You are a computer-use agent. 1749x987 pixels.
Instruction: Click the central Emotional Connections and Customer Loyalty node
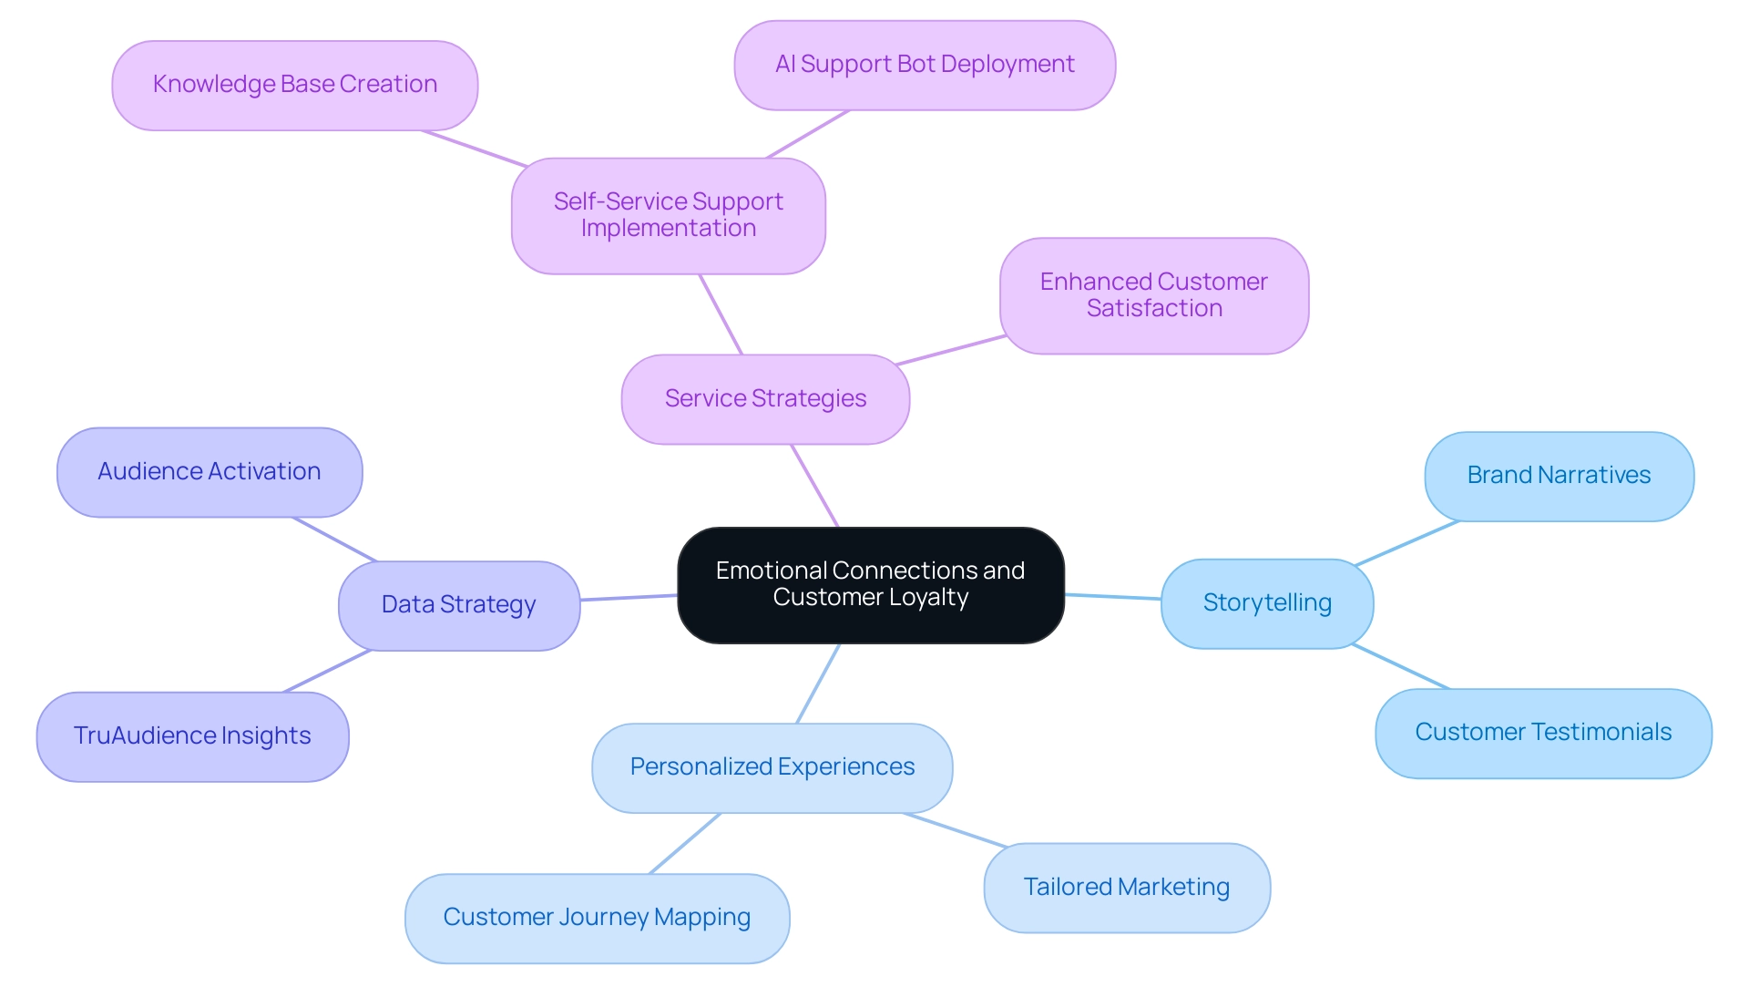coord(870,584)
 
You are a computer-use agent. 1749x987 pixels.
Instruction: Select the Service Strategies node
coord(765,399)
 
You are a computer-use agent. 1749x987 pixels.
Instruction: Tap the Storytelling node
coord(1266,603)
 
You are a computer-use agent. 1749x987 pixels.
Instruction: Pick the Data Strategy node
coord(458,605)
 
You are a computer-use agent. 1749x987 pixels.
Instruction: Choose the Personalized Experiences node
coord(772,767)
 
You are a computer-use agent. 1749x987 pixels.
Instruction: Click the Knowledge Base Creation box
coord(294,85)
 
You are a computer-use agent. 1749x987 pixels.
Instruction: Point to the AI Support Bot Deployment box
coord(924,65)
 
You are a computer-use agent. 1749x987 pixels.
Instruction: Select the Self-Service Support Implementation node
coord(668,215)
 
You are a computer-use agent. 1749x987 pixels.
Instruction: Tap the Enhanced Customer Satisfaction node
coord(1153,295)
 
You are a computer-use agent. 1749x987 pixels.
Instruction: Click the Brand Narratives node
coord(1558,476)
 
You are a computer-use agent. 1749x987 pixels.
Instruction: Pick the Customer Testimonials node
coord(1542,733)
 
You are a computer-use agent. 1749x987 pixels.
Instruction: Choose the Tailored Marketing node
coord(1126,888)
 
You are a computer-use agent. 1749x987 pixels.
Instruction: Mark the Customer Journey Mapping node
coord(597,918)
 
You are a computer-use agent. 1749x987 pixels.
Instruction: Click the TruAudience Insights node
coord(192,736)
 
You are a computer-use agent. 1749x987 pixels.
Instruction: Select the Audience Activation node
coord(209,472)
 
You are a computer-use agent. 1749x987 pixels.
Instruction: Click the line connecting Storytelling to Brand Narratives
coord(1407,543)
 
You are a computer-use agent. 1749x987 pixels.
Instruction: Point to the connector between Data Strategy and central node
coord(629,597)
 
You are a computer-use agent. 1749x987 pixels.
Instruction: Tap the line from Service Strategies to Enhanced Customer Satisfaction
coord(951,350)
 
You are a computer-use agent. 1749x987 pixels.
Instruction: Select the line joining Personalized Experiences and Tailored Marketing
coord(956,830)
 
